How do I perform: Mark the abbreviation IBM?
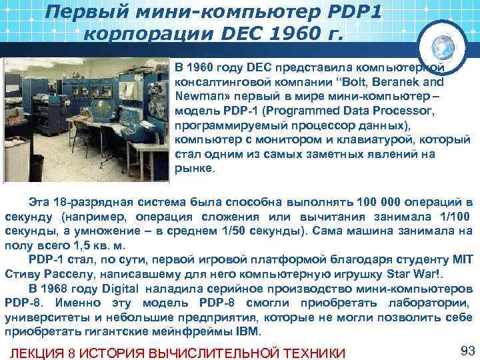(x=248, y=333)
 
